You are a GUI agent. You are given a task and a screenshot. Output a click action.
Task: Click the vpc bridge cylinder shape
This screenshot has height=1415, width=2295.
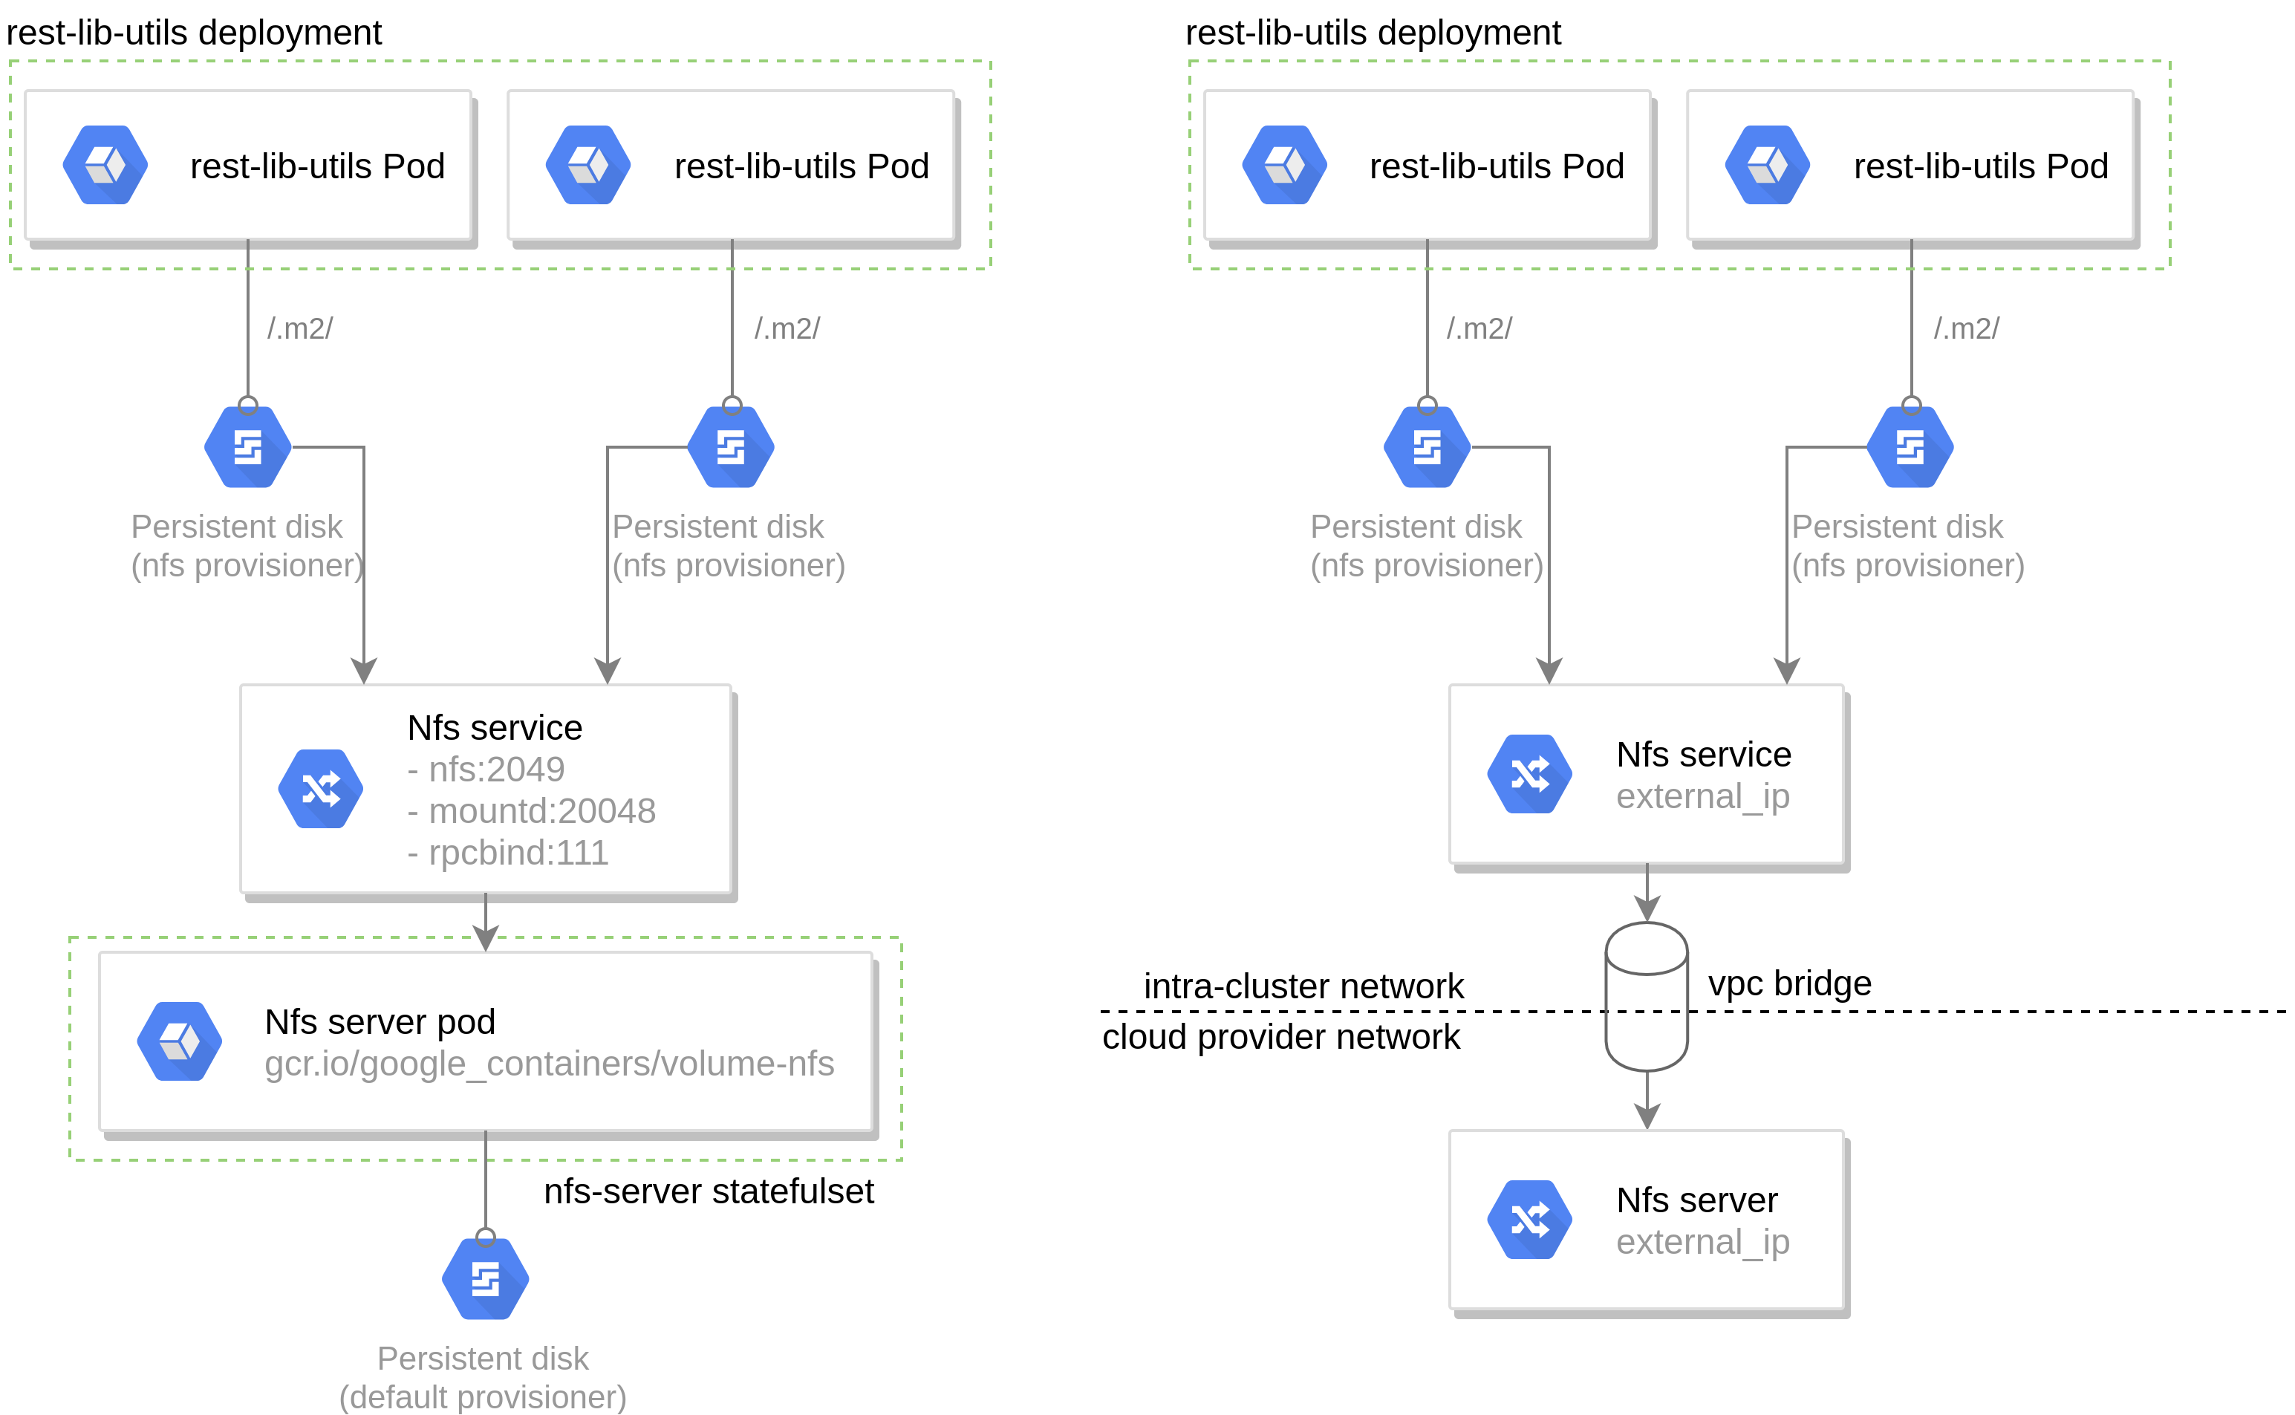(x=1647, y=997)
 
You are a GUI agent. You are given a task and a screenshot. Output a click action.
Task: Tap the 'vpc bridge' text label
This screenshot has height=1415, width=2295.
(x=1790, y=983)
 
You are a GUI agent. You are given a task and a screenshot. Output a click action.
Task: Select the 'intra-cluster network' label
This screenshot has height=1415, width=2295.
(x=1303, y=986)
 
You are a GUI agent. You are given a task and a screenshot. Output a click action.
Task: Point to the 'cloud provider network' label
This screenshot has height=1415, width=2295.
(x=1281, y=1037)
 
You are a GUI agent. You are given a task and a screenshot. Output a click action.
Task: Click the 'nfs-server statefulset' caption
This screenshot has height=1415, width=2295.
(x=709, y=1191)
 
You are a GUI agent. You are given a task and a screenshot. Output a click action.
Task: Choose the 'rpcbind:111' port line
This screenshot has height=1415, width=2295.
(x=508, y=853)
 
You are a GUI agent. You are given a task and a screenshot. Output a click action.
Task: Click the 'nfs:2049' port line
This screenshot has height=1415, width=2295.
(x=486, y=770)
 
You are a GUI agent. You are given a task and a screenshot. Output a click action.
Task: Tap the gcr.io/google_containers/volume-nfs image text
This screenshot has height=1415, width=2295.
(x=549, y=1064)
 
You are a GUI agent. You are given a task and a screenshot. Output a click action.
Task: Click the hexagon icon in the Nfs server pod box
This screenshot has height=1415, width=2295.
(x=180, y=1041)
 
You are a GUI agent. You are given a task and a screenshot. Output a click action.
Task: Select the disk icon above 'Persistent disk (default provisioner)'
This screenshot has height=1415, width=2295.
(x=486, y=1279)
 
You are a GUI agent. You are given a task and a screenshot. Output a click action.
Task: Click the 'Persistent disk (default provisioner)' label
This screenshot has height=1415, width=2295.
(x=483, y=1378)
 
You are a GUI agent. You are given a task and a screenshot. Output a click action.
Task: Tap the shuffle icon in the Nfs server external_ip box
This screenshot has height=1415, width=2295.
(x=1530, y=1220)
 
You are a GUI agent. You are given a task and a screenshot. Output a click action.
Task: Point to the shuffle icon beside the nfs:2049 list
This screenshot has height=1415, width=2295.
(x=321, y=789)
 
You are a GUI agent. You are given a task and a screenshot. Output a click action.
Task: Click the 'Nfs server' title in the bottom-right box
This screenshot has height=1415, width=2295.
(x=1696, y=1200)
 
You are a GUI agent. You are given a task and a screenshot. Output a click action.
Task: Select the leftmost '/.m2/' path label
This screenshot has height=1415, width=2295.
(x=300, y=328)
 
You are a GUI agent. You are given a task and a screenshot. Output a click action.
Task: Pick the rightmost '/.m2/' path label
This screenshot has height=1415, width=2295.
(x=1967, y=328)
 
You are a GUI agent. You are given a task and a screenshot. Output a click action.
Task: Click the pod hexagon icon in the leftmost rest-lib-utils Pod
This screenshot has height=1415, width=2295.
(x=105, y=165)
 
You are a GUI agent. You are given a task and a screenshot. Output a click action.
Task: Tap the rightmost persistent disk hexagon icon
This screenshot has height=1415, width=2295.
(x=1910, y=447)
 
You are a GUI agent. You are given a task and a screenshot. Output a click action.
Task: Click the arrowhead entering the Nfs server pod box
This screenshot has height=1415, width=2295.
(x=486, y=939)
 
